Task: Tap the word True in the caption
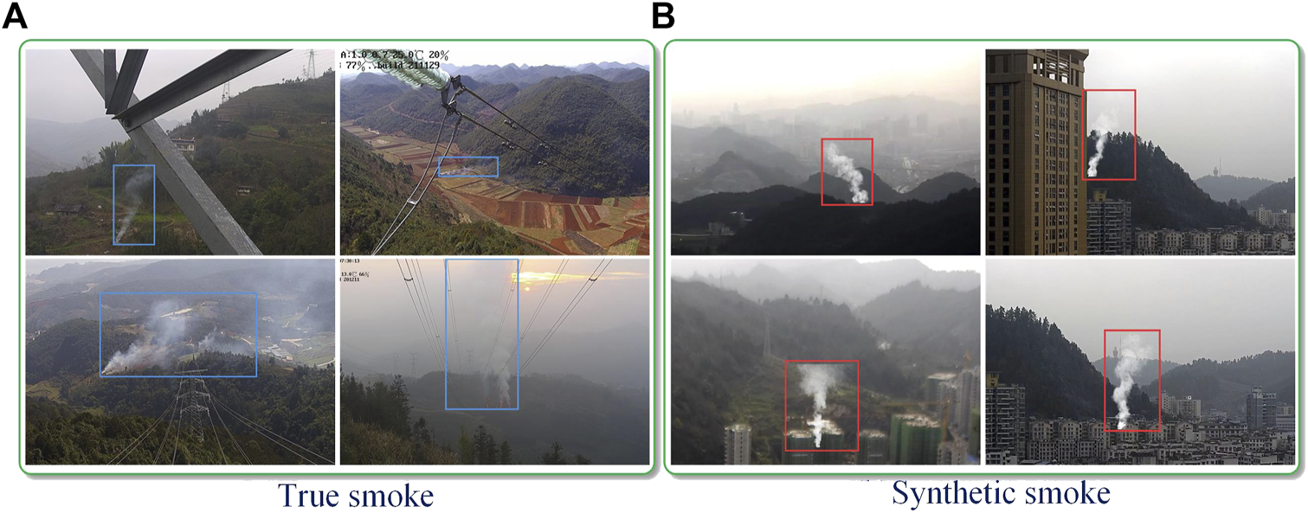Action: tap(308, 496)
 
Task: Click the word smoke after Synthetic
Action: tap(1068, 494)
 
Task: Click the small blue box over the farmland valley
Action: tap(467, 167)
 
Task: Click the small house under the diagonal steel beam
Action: tap(183, 145)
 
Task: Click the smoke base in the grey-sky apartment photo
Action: tap(1123, 420)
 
